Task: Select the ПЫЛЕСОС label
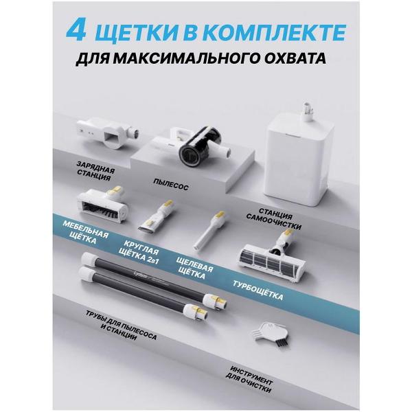click(x=172, y=183)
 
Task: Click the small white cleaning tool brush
click(x=261, y=336)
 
